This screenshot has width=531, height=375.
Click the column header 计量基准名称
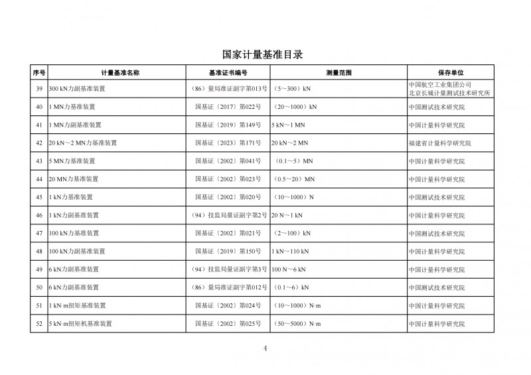(119, 72)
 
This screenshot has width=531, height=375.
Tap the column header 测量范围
(339, 72)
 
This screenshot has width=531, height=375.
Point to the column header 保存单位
(450, 72)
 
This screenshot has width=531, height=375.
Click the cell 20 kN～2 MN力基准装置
(83, 143)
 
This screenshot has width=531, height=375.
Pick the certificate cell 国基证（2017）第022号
(228, 106)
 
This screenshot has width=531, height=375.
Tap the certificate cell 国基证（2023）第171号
(228, 143)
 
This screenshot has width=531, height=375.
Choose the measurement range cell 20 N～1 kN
(287, 215)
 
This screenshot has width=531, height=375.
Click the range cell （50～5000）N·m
(297, 323)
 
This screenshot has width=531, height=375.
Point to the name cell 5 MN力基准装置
(72, 161)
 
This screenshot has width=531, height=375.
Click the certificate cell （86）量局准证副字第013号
(228, 88)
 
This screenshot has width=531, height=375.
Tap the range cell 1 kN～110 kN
(290, 251)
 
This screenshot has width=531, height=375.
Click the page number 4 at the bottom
(264, 348)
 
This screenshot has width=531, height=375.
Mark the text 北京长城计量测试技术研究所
(449, 94)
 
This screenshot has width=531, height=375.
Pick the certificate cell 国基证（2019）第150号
(228, 251)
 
